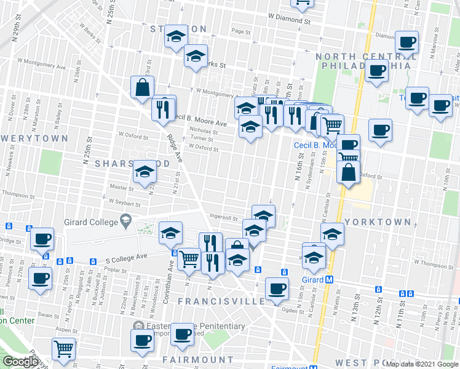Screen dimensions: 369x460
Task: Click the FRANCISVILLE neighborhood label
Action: click(222, 301)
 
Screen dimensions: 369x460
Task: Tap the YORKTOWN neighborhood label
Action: click(378, 221)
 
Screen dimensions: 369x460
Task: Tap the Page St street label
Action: click(241, 31)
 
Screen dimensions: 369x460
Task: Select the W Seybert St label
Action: click(124, 202)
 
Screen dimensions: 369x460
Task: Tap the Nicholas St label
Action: click(204, 131)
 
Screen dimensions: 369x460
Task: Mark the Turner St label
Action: click(202, 138)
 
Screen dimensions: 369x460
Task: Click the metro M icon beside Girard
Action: click(330, 279)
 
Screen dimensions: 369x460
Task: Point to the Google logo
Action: click(20, 362)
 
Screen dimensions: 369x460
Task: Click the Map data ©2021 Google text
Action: click(422, 363)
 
